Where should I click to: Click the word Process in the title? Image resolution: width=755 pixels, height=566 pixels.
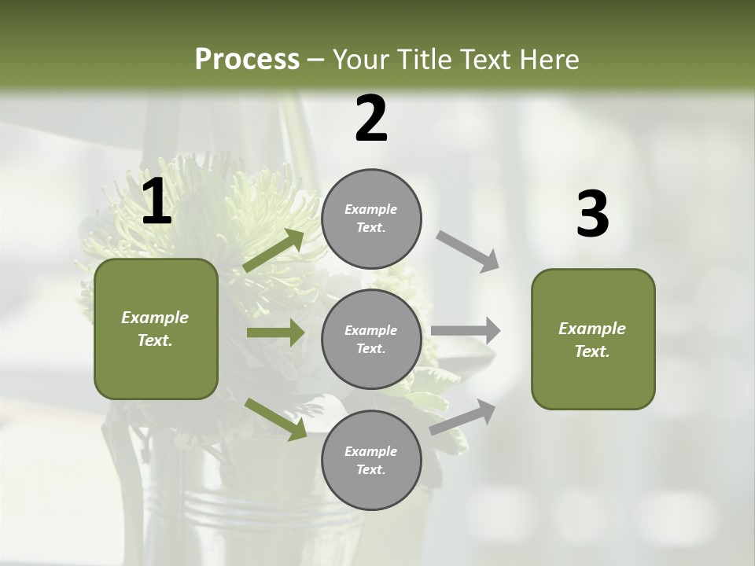(x=247, y=60)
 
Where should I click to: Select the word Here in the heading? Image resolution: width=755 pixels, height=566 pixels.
(x=549, y=60)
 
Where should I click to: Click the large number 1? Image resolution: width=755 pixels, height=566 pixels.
(x=157, y=203)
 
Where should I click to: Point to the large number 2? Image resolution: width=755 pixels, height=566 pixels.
(x=371, y=119)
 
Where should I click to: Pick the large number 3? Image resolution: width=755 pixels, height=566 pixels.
(x=592, y=215)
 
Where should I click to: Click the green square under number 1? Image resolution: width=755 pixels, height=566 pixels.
(x=156, y=329)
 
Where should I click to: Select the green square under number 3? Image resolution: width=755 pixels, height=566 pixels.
(x=593, y=340)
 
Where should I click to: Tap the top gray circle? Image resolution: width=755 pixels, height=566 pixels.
(x=371, y=219)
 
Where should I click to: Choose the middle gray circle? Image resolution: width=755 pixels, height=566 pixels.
(x=371, y=340)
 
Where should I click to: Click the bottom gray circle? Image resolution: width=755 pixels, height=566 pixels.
(x=371, y=461)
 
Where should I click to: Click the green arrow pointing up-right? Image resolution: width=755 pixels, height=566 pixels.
(x=274, y=250)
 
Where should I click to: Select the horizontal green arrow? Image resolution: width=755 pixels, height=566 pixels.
(x=275, y=333)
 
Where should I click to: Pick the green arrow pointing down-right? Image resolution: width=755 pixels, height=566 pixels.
(x=275, y=419)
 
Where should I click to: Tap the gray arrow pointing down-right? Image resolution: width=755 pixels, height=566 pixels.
(x=468, y=252)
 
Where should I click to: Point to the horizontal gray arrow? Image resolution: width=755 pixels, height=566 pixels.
(x=466, y=330)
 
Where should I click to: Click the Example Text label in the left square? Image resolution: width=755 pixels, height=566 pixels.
(x=155, y=329)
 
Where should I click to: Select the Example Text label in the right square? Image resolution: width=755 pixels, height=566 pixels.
(x=592, y=340)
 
